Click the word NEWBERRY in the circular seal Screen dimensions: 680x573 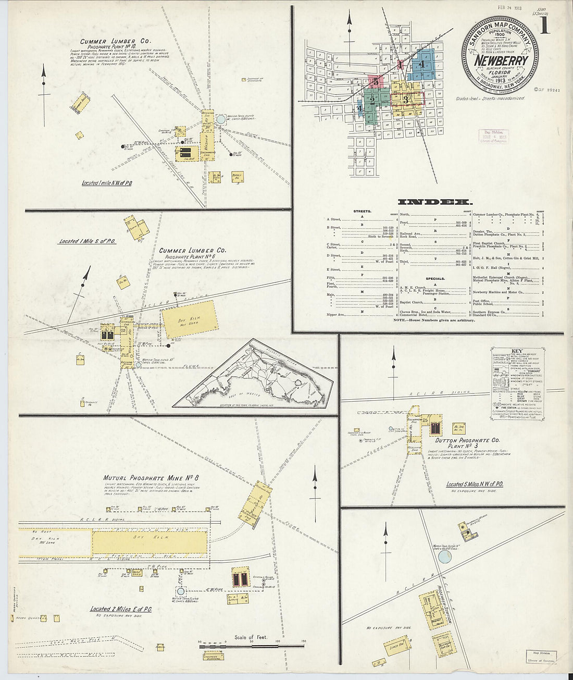(x=501, y=60)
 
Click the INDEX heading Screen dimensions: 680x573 (x=435, y=202)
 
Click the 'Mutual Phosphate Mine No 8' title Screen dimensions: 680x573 (x=151, y=478)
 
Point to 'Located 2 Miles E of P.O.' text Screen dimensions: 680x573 (x=121, y=609)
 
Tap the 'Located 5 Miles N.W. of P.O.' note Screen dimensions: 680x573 (x=474, y=484)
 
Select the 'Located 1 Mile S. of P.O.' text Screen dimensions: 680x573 (x=88, y=241)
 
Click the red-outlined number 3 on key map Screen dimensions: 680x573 (x=405, y=99)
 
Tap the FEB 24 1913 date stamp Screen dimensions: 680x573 (x=495, y=7)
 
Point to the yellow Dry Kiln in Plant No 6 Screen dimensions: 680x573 (x=189, y=319)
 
